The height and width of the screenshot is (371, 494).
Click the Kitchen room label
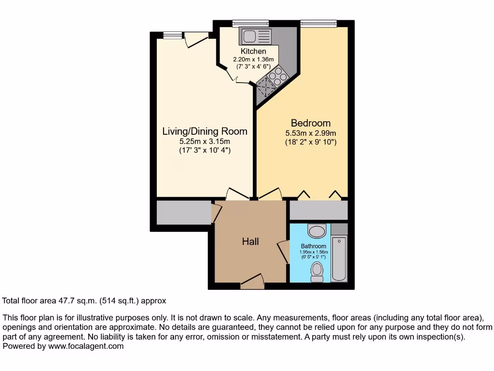(253, 51)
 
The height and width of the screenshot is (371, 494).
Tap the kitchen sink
(255, 37)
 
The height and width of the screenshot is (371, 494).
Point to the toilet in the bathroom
(317, 271)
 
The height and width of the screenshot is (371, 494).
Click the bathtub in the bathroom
(339, 258)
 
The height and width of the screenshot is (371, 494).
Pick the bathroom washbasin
(317, 231)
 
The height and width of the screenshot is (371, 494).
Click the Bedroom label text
(310, 123)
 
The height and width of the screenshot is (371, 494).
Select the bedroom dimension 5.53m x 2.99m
(310, 133)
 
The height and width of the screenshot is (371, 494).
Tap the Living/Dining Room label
(205, 131)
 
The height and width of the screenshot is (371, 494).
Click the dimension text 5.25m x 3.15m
(205, 142)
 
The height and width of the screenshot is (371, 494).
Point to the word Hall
(250, 242)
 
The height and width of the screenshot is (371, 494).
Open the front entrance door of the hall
(252, 282)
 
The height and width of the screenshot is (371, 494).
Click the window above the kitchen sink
(250, 23)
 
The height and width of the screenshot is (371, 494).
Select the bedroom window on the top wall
(318, 23)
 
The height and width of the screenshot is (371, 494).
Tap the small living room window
(173, 34)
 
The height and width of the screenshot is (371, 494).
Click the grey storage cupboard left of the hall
(184, 213)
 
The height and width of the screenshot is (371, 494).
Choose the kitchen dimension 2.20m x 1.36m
(253, 59)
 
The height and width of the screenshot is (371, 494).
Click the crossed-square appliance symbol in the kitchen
(265, 89)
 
